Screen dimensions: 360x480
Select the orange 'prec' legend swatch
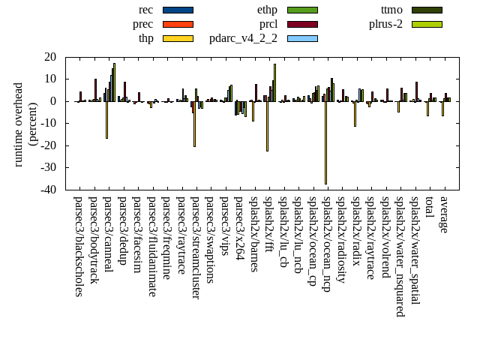pos(178,24)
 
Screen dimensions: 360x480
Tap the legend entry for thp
pos(145,38)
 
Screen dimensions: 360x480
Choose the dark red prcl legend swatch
pos(302,24)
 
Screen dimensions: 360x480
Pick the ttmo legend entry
pos(391,10)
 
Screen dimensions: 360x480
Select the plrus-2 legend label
pos(385,24)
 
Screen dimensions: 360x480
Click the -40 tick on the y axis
pos(51,190)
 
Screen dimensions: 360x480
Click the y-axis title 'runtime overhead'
pos(19,124)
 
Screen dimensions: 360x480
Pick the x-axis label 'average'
pos(444,214)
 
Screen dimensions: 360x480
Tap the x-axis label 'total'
pos(430,208)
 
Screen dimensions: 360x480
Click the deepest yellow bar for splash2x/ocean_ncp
pos(325,142)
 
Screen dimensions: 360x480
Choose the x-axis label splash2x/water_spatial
pos(415,248)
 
